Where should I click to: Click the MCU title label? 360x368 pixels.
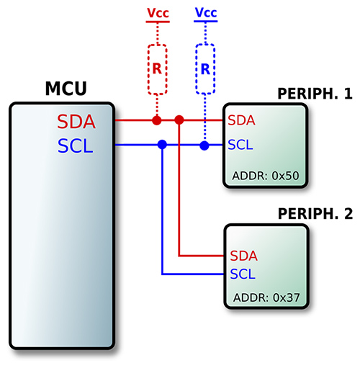tap(66, 89)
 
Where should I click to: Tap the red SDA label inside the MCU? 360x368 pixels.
tap(76, 122)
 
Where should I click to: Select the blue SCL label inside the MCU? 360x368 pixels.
tap(75, 145)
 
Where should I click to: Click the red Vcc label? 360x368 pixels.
tap(158, 13)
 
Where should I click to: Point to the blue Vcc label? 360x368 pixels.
tap(206, 12)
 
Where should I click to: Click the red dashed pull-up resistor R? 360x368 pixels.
tap(157, 69)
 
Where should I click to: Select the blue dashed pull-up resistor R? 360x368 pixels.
tap(205, 69)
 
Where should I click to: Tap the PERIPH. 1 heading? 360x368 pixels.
tap(315, 94)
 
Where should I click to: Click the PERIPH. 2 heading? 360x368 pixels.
tap(315, 213)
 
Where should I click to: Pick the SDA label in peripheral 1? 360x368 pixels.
tap(241, 120)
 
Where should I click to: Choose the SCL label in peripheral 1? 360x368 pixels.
tap(240, 145)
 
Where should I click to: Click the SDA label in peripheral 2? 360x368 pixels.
tap(243, 256)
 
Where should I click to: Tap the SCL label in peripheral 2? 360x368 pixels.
tap(243, 274)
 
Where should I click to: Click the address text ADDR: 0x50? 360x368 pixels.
tap(266, 176)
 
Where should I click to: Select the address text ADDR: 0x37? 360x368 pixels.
tap(266, 297)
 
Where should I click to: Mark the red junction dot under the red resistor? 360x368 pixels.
tap(157, 120)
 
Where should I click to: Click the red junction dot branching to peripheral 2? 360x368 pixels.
tap(179, 120)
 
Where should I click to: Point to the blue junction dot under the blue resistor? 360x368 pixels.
tap(204, 145)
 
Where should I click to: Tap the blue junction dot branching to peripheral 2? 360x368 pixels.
tap(162, 145)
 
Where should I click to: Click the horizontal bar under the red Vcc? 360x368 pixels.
tap(158, 22)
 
